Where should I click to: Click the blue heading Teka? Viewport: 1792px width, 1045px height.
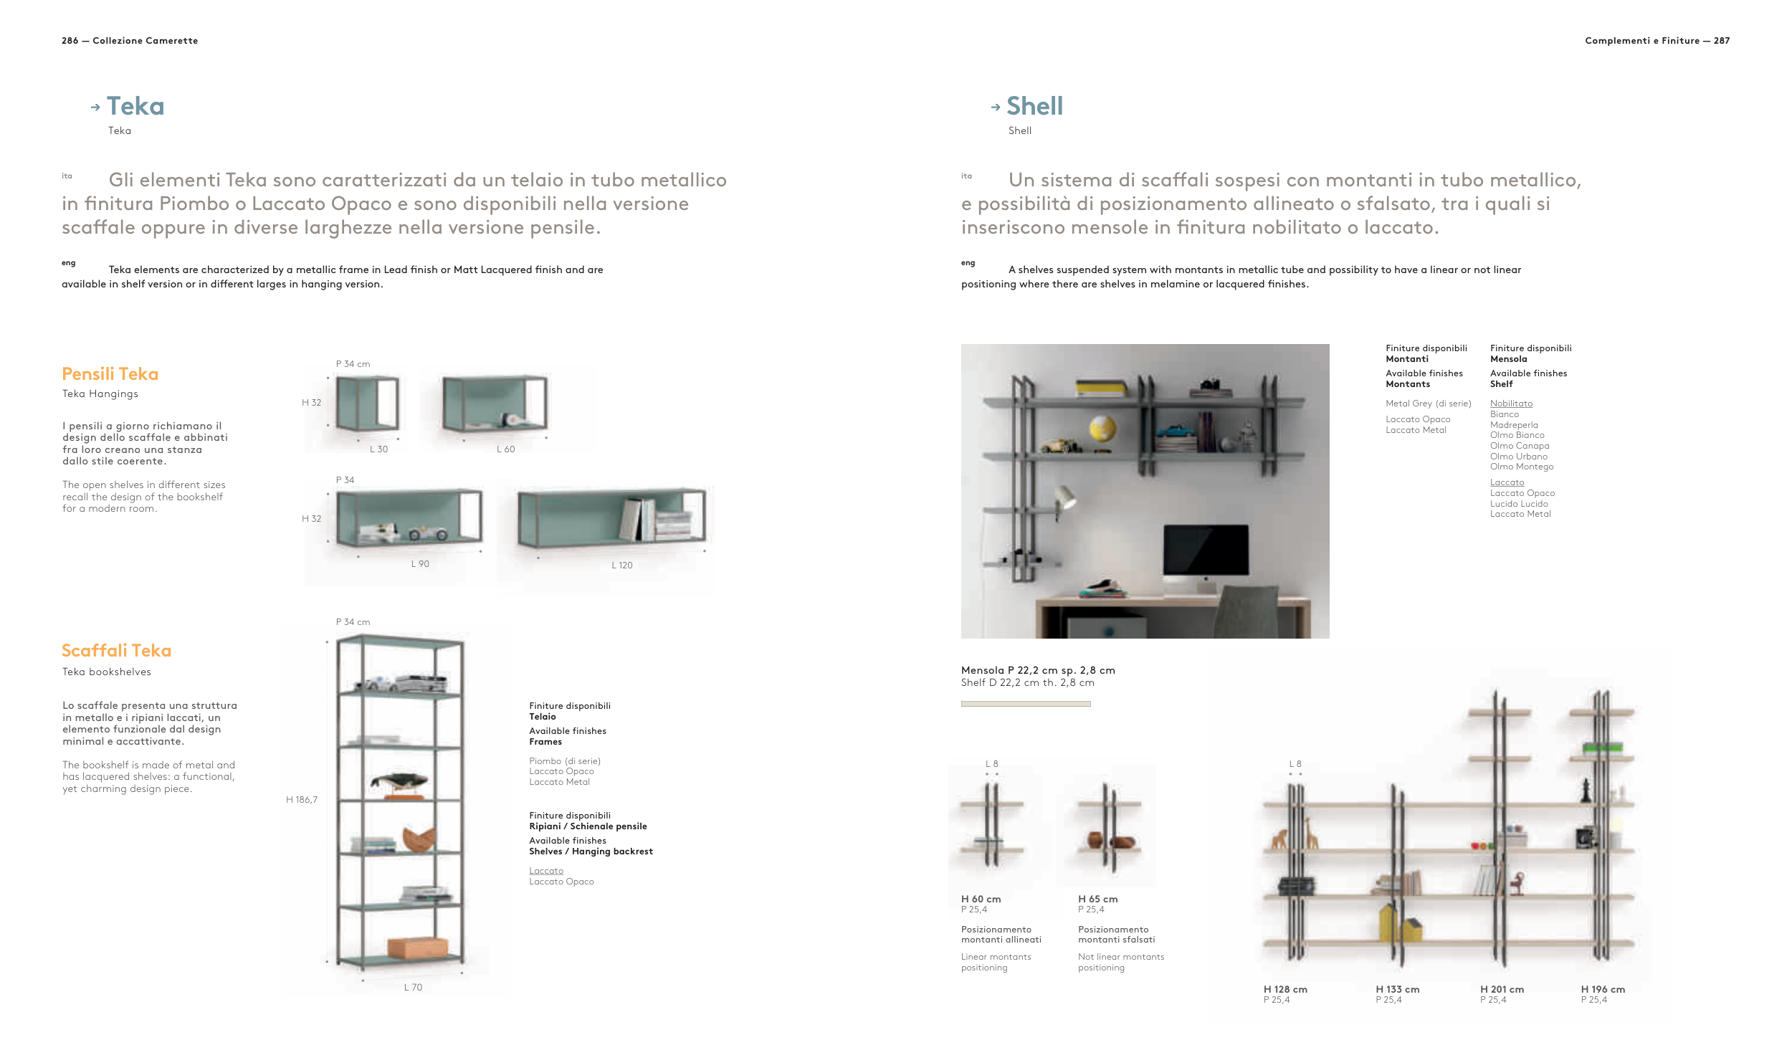tap(135, 106)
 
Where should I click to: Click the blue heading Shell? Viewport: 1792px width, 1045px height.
tap(1034, 106)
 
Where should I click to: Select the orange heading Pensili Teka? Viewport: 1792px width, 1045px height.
tap(110, 373)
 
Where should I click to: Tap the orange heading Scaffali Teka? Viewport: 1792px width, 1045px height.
tap(116, 650)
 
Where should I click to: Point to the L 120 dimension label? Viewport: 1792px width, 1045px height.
tap(621, 565)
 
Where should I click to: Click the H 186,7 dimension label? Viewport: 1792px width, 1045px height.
tap(301, 799)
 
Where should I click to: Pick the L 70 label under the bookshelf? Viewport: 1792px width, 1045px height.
tap(413, 987)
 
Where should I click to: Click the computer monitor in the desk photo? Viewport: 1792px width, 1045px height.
tap(1206, 548)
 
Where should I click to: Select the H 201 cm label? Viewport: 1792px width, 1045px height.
tap(1502, 989)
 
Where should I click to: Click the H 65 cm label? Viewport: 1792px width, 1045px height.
tap(1097, 899)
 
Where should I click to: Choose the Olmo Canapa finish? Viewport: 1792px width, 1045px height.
tap(1519, 446)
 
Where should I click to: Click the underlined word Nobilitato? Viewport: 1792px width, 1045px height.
tap(1511, 404)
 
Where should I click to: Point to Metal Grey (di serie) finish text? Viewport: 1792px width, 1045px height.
tap(1428, 404)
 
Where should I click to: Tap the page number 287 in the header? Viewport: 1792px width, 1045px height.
tap(1721, 41)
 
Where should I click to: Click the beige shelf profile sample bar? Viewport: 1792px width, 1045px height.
tap(1025, 704)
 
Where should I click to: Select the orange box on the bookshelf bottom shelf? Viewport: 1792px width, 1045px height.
tap(417, 947)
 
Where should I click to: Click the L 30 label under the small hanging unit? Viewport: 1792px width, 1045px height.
tap(378, 449)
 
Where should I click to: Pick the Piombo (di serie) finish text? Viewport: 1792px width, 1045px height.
tap(564, 760)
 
